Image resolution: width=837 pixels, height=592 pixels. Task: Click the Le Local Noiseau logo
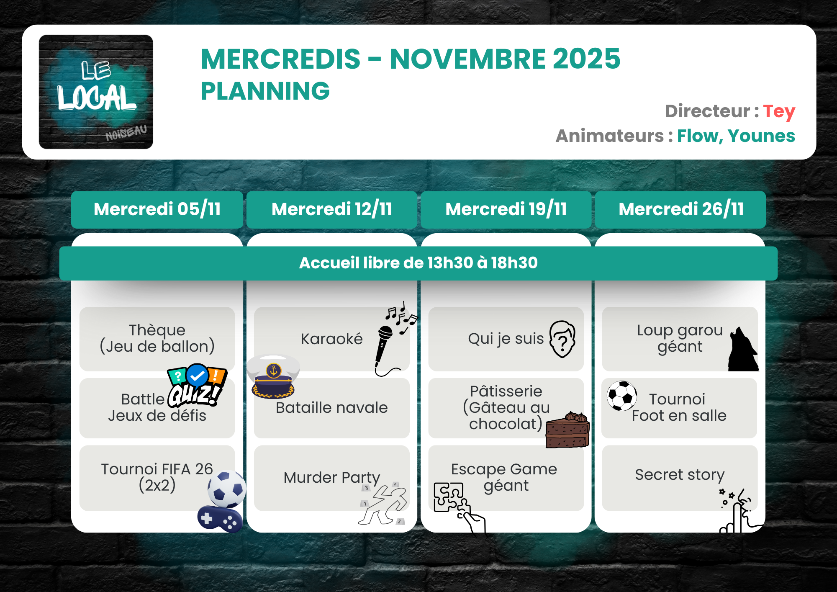[96, 92]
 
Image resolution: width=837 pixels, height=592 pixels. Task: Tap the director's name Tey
[779, 112]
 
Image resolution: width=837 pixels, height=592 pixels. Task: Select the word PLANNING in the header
[265, 91]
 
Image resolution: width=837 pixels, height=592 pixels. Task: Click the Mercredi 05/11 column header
[157, 209]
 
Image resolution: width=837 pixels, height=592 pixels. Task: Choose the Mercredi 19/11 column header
[506, 209]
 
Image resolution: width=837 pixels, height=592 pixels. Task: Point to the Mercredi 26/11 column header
[681, 209]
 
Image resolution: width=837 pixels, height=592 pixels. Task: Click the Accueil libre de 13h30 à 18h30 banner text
[418, 263]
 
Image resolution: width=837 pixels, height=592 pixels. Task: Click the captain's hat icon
[273, 376]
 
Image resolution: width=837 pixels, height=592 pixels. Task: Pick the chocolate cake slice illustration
[568, 430]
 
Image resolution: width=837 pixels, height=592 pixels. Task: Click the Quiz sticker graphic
[196, 386]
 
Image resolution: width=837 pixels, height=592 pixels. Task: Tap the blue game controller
[220, 519]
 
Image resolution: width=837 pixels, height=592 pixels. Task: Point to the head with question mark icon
[562, 339]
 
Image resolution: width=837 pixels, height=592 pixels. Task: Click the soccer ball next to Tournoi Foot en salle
[622, 396]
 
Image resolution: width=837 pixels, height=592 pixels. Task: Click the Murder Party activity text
[331, 477]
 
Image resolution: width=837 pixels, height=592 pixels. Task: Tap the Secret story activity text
[680, 475]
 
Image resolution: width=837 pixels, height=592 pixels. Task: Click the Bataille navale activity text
[331, 407]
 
